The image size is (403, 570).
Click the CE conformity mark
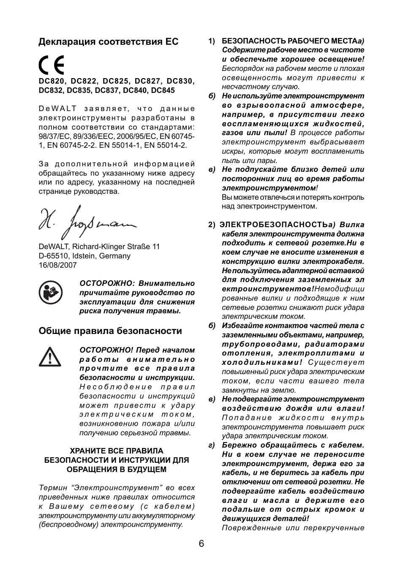click(x=51, y=65)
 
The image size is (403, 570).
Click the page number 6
click(x=201, y=544)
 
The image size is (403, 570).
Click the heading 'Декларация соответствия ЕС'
click(x=109, y=41)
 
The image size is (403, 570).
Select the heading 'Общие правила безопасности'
click(x=110, y=331)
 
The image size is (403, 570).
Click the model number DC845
click(x=163, y=90)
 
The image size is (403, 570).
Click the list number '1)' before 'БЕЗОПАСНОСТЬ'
click(x=212, y=41)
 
